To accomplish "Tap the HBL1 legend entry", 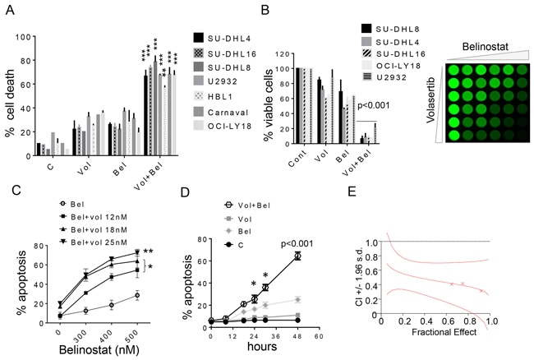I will tap(219, 94).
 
